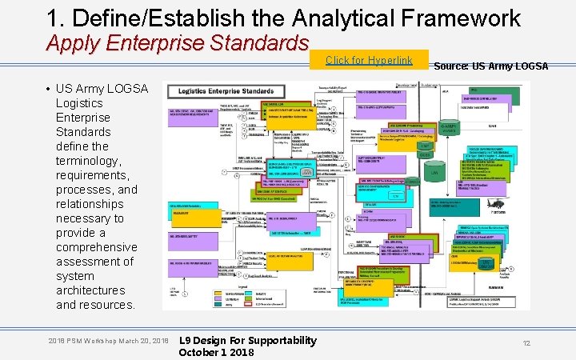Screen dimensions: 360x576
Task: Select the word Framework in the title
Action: pos(457,18)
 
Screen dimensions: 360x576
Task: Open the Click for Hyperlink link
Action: pos(369,61)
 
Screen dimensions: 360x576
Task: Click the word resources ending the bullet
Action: pos(108,305)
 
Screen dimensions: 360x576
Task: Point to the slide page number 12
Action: pos(526,342)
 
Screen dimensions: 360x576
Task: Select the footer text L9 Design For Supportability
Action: pos(247,341)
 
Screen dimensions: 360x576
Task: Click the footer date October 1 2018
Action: pos(216,353)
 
